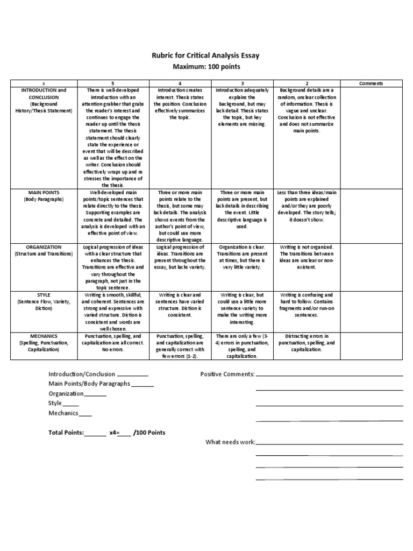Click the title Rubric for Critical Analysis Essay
point(207,55)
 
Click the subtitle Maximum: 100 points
point(207,66)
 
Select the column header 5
point(112,83)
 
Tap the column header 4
point(179,83)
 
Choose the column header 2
point(307,83)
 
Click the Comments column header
point(371,83)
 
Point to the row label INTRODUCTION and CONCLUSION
point(44,94)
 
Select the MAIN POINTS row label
point(44,192)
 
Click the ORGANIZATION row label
point(44,247)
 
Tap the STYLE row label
point(44,295)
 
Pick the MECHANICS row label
point(44,336)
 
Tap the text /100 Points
point(149,433)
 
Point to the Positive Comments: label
point(227,374)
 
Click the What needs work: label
point(230,442)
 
